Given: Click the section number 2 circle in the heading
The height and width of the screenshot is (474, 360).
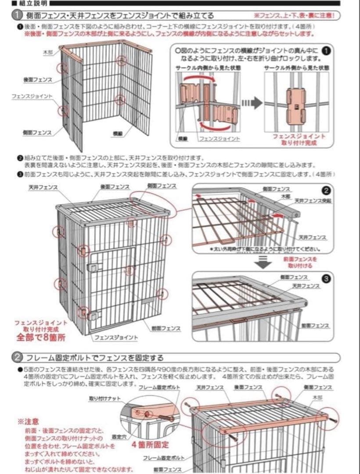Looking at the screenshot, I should point(17,358).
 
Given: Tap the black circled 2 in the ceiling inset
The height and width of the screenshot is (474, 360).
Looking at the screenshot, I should point(326,190).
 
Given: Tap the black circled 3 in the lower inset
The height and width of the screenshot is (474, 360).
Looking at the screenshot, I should point(326,278).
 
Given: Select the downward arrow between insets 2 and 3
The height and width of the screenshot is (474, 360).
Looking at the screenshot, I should point(262,263).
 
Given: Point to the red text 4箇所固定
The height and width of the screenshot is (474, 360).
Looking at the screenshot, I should point(150,445).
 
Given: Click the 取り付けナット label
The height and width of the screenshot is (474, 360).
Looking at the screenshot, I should point(102,399).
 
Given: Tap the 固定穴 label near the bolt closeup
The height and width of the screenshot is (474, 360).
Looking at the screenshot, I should point(117,437).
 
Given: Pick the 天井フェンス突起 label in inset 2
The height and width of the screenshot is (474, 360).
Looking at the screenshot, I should point(313,200).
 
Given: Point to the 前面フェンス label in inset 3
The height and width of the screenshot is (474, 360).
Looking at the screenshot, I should point(315,325).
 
